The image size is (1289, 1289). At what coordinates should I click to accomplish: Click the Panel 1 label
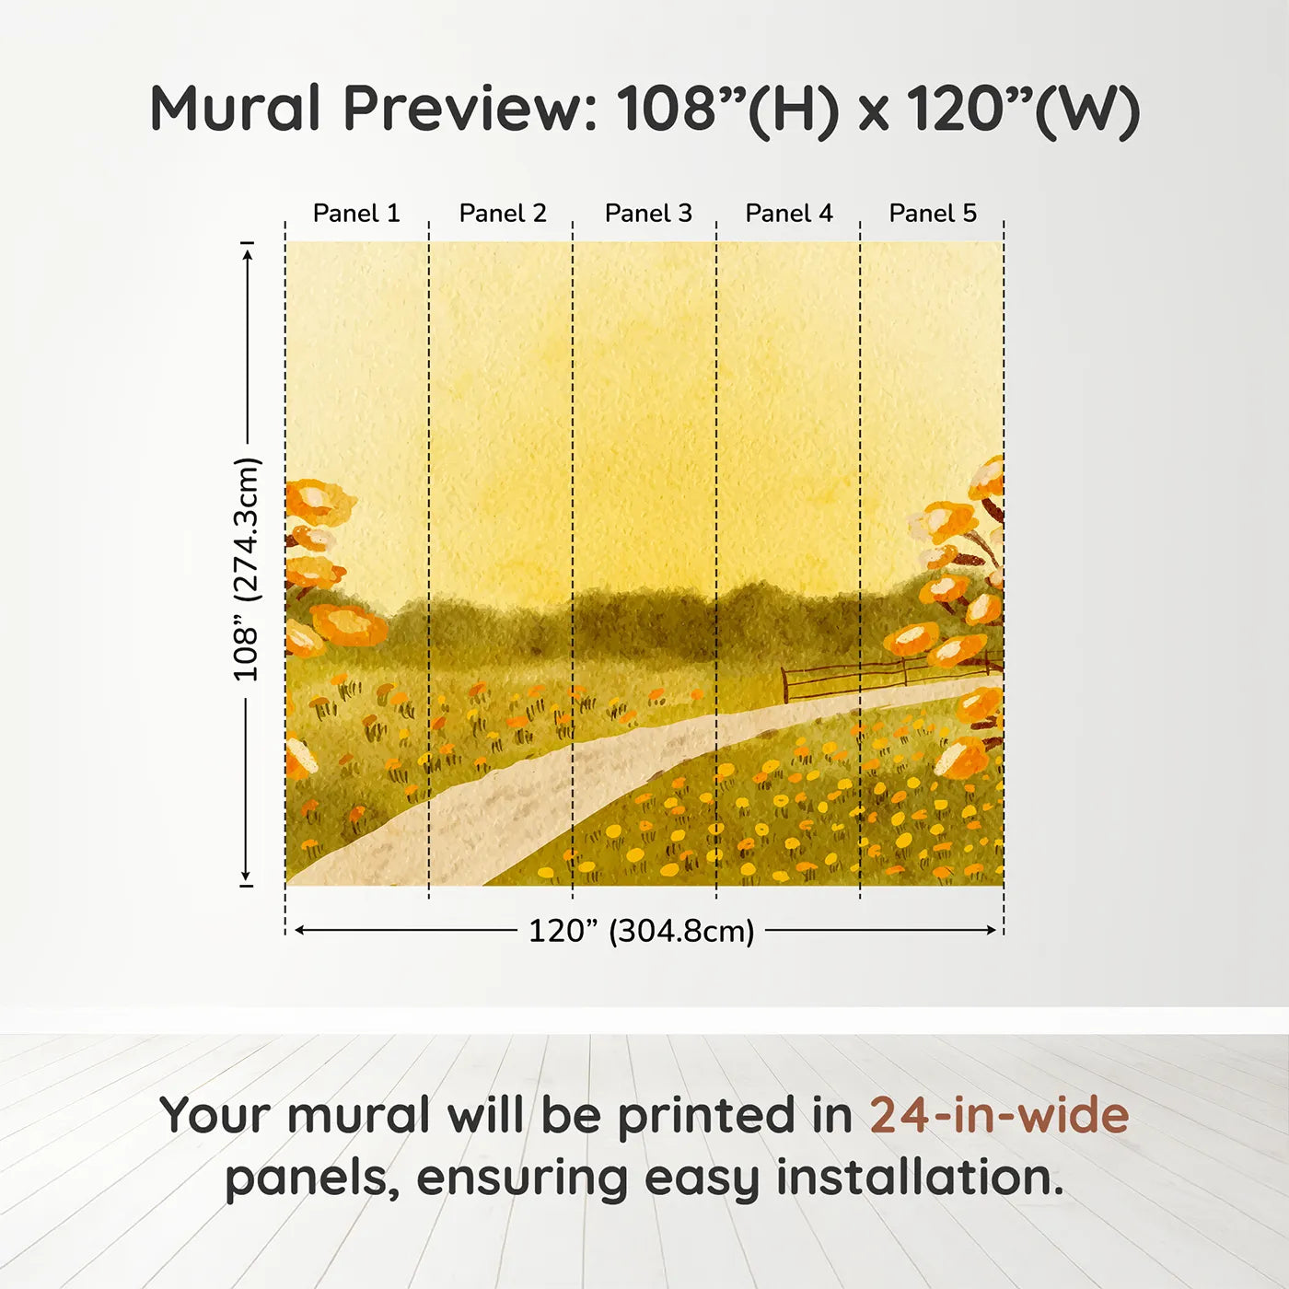(356, 214)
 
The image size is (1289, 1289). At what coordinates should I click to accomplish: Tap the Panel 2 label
(503, 214)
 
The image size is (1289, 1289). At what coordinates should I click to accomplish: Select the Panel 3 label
(648, 214)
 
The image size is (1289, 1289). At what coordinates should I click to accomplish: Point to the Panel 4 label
(789, 214)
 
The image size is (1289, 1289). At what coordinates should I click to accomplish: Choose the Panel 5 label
(933, 214)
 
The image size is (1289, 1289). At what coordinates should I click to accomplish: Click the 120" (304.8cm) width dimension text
(641, 931)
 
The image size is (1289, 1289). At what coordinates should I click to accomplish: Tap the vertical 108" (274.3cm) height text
(247, 569)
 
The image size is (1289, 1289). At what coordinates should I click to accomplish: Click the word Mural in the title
(235, 109)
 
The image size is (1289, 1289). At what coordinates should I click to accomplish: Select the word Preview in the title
(470, 109)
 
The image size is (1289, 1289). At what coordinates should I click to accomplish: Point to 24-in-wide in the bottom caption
(999, 1115)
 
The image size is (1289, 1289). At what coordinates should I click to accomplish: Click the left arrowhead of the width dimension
(299, 930)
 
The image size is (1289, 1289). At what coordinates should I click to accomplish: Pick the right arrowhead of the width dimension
(992, 930)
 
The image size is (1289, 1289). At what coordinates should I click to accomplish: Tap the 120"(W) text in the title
(1022, 109)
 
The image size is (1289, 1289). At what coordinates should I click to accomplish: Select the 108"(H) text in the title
(727, 109)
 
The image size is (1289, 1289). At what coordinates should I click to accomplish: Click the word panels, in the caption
(312, 1178)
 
